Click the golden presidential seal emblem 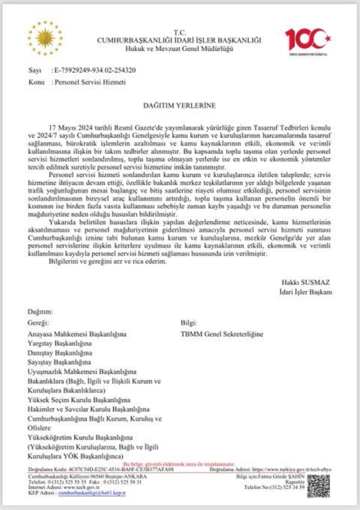(45, 37)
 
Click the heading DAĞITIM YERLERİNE (180, 105)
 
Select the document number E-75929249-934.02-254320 (94, 70)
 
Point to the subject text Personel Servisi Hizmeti (90, 82)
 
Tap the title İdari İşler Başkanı (305, 292)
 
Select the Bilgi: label (189, 323)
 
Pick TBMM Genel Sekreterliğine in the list (222, 334)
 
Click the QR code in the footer (318, 485)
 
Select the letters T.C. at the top (180, 32)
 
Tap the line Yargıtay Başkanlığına (59, 343)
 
